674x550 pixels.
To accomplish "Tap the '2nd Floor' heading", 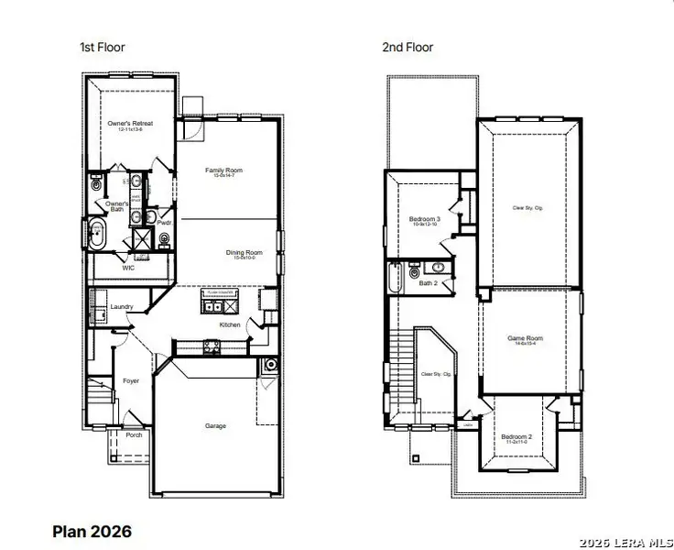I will [408, 47].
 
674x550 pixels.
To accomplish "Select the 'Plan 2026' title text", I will [92, 531].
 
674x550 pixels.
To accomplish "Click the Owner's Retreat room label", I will [130, 123].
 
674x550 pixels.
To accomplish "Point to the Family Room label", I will [223, 170].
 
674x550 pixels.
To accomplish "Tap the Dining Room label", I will [245, 252].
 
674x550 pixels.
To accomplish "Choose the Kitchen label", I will [230, 324].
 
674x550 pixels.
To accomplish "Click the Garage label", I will [215, 425].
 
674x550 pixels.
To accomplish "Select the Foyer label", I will [131, 379].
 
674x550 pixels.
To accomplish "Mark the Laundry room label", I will [122, 306].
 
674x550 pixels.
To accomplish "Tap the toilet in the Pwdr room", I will [164, 241].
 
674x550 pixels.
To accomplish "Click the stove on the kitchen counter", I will [211, 346].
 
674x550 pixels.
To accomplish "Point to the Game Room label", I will [526, 338].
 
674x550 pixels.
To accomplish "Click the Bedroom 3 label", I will [424, 219].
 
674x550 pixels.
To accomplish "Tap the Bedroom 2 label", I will [516, 437].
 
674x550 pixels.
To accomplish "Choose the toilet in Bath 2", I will [415, 272].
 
